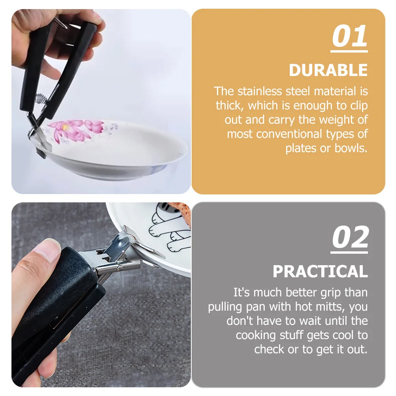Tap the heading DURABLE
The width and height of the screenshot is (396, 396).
click(x=328, y=70)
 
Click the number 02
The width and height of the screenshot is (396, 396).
click(x=350, y=238)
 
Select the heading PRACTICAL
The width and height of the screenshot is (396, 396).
click(x=320, y=272)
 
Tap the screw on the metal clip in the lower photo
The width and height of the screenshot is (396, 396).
click(x=119, y=269)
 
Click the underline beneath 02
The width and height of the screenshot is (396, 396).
click(x=350, y=251)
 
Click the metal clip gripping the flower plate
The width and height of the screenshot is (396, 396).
click(x=38, y=136)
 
